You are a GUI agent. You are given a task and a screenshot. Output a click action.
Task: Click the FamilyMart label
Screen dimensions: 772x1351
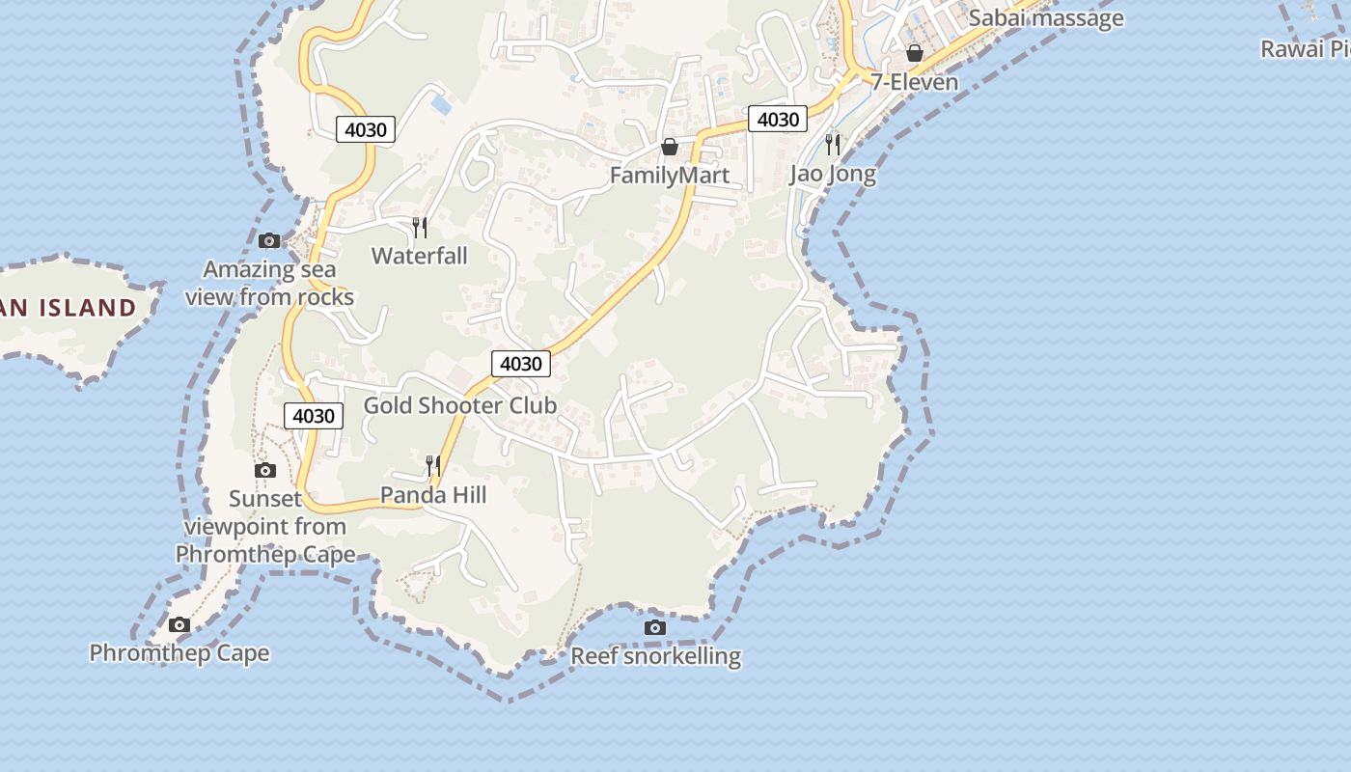coord(670,176)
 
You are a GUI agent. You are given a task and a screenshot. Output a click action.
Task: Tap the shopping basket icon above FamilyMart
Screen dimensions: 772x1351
coord(670,147)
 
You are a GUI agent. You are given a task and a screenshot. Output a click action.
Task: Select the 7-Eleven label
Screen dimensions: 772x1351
coord(915,82)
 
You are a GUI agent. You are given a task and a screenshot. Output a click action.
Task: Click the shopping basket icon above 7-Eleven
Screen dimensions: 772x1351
coord(915,52)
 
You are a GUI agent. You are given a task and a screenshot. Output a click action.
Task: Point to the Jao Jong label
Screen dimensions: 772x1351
coord(833,174)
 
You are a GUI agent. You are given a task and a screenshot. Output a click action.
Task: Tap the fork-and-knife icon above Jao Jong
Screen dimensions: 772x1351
coord(833,145)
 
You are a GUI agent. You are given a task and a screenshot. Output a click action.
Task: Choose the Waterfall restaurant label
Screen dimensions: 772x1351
coord(420,256)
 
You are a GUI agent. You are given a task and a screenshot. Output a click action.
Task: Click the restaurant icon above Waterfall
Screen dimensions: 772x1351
coord(420,228)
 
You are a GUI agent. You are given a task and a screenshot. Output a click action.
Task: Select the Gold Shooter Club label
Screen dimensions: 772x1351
coord(460,405)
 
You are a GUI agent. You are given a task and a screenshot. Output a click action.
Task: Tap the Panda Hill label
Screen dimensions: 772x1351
coord(433,495)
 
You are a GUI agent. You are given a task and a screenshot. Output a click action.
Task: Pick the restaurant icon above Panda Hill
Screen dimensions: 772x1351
coord(433,466)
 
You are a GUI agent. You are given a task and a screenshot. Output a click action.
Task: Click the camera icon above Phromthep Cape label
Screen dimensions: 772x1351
coord(179,624)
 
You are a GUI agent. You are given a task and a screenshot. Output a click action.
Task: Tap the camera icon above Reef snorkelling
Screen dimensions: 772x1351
coord(655,628)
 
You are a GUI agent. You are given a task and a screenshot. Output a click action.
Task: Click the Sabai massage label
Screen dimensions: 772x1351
coord(1046,17)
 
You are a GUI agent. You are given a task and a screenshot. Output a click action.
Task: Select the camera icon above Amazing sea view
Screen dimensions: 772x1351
coord(269,240)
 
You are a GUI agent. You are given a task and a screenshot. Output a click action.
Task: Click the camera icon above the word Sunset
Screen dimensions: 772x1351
coord(265,470)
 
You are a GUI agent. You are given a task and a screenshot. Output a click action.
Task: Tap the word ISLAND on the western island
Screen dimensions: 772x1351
coord(89,308)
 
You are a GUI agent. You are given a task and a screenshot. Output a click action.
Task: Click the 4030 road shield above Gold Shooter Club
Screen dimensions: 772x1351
coord(521,364)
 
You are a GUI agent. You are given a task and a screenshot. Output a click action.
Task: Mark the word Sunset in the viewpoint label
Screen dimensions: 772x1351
coord(265,499)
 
